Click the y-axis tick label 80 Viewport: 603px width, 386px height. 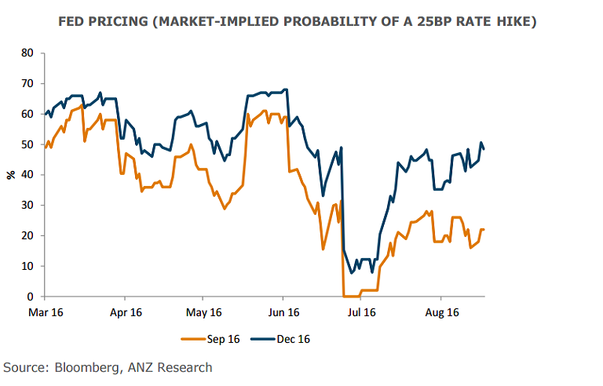(28, 53)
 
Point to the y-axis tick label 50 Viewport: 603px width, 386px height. (28, 144)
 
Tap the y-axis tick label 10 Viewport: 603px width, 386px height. (28, 266)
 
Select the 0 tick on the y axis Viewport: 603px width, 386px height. (31, 297)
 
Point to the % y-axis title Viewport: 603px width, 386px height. (11, 175)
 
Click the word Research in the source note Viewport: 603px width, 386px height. (183, 367)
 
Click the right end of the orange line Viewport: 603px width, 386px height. (484, 229)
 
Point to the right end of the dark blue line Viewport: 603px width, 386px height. (484, 148)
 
